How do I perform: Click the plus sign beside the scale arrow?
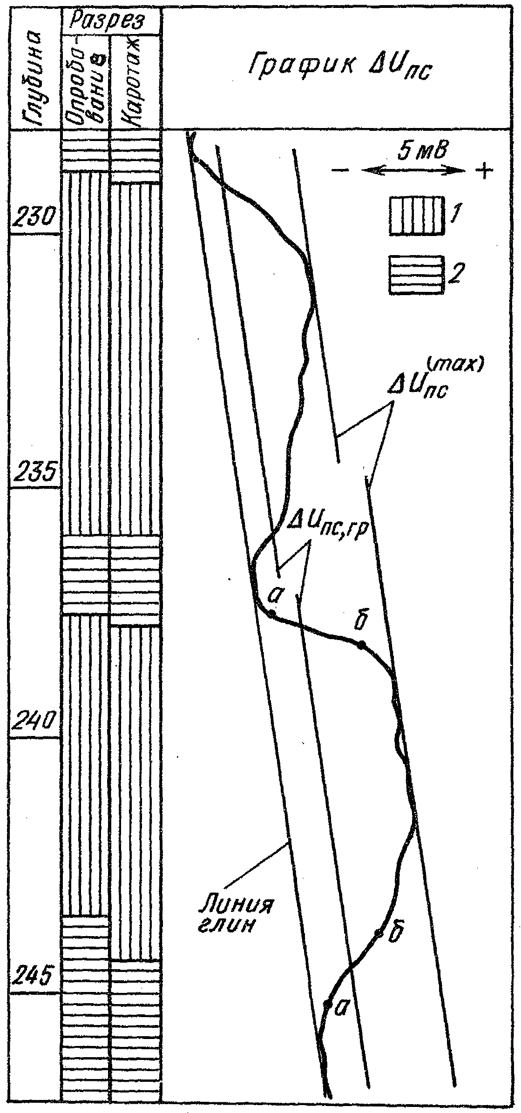[484, 171]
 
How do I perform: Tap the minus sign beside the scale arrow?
[339, 171]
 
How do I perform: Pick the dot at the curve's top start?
[196, 160]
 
